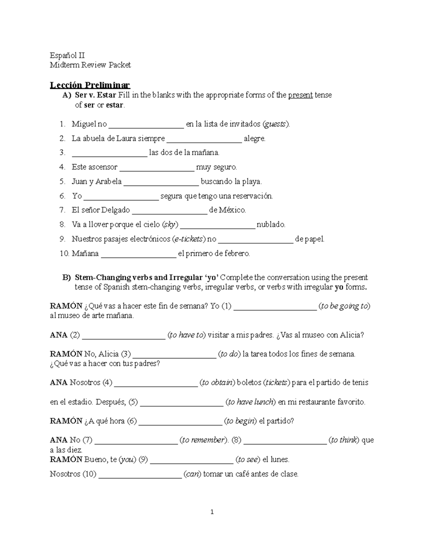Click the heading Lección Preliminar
(x=90, y=85)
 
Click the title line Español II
(x=67, y=55)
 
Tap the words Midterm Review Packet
(x=90, y=65)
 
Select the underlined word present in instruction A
(x=300, y=95)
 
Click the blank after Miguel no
(x=146, y=124)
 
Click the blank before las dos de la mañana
(x=109, y=153)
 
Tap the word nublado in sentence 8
(x=271, y=225)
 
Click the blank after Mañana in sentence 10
(x=138, y=254)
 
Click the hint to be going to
(x=344, y=306)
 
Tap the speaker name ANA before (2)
(x=59, y=335)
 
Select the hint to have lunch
(x=251, y=402)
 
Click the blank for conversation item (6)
(x=180, y=421)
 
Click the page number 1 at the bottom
(x=212, y=512)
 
